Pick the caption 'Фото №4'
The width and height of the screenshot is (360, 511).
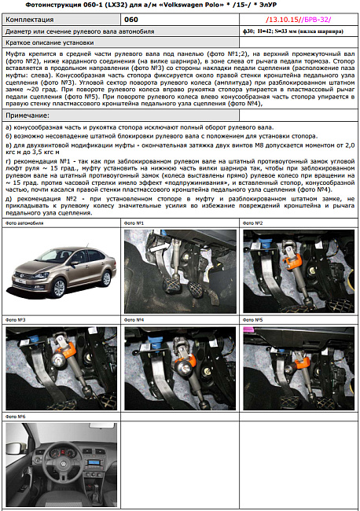pyautogui.click(x=134, y=320)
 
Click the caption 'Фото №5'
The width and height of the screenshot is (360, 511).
pyautogui.click(x=253, y=320)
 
